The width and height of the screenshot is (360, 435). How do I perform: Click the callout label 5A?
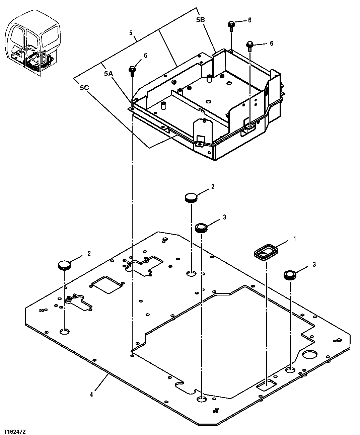click(108, 74)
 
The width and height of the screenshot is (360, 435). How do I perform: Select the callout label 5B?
click(200, 20)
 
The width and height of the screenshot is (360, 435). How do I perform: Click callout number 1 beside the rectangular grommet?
click(295, 239)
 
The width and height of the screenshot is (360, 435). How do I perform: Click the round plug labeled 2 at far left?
click(65, 266)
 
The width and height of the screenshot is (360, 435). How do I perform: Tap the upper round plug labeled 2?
click(191, 197)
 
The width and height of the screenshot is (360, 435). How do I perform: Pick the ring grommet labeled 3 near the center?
click(201, 228)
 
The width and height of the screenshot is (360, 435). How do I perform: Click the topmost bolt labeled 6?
click(231, 25)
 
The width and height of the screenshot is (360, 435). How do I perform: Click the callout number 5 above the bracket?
click(131, 32)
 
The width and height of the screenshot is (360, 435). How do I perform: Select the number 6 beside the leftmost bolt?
click(145, 55)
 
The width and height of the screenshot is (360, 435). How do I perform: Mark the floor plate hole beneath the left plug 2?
click(64, 332)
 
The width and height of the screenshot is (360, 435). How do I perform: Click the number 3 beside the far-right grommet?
click(314, 264)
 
